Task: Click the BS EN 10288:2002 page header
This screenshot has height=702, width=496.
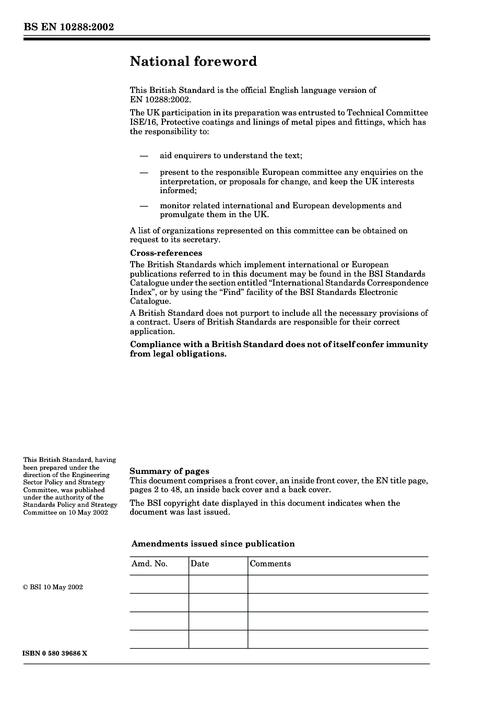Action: [68, 27]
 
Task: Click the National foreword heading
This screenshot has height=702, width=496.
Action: [193, 62]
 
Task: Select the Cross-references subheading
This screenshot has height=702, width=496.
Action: [166, 253]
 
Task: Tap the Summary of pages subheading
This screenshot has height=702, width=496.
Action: [169, 471]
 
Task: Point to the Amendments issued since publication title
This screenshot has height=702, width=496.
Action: [213, 544]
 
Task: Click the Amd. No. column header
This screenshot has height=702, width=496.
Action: [149, 564]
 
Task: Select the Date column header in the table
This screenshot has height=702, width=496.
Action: [200, 564]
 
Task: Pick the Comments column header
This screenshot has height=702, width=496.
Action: [270, 564]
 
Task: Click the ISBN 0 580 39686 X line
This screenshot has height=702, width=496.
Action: [55, 653]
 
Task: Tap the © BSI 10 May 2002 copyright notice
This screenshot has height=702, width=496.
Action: [53, 587]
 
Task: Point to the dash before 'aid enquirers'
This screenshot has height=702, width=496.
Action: [144, 156]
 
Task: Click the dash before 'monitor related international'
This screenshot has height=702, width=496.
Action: [144, 206]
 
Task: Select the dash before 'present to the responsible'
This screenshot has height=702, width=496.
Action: [144, 173]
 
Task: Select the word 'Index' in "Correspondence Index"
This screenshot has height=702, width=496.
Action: [141, 292]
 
